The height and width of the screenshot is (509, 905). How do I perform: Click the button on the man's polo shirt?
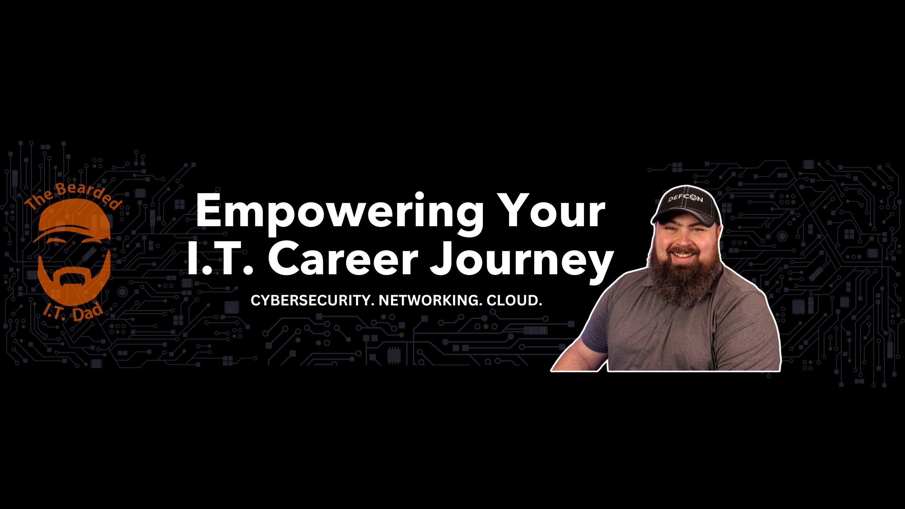pos(664,320)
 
